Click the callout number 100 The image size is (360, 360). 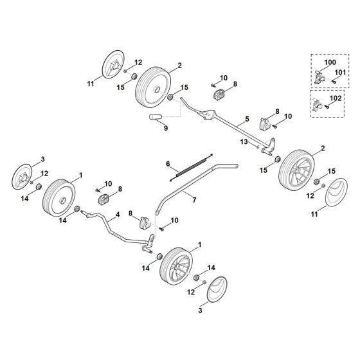(x=330, y=62)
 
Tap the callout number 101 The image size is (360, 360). (x=340, y=72)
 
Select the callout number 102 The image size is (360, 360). (x=336, y=98)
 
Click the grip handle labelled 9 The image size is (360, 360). (x=156, y=116)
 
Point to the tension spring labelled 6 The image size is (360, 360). (x=192, y=167)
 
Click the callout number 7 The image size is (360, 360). (x=194, y=200)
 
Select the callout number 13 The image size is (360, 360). (x=244, y=142)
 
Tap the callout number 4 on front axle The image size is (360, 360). (x=118, y=215)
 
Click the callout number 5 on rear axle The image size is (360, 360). (x=247, y=119)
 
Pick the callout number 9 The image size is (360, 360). (x=166, y=128)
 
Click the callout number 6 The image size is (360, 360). (x=168, y=164)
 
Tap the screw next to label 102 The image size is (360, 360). (x=327, y=106)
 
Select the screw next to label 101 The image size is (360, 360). (x=334, y=82)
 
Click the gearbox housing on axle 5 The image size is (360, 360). (x=208, y=114)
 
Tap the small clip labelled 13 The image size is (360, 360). (x=258, y=147)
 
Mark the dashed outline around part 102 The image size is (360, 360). (x=327, y=90)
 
